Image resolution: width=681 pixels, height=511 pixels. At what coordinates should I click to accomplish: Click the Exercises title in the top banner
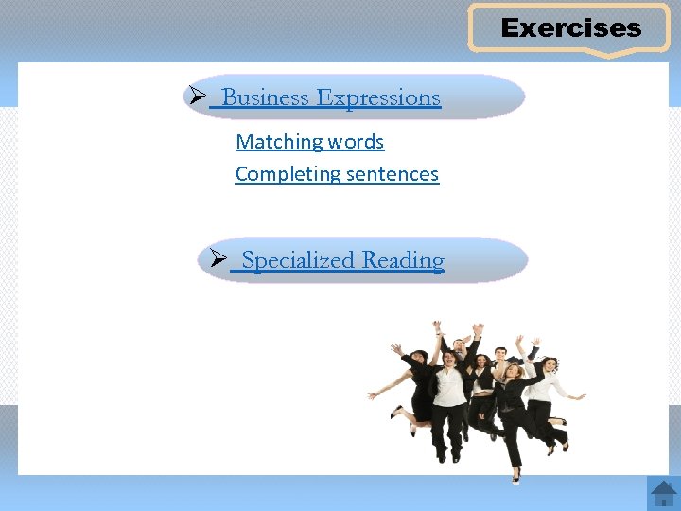pyautogui.click(x=571, y=28)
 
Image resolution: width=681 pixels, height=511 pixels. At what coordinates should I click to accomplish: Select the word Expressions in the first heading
pyautogui.click(x=378, y=98)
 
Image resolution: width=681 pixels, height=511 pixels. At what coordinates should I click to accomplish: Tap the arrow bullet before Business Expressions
pyautogui.click(x=198, y=97)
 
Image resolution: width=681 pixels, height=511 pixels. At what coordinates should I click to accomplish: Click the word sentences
pyautogui.click(x=393, y=174)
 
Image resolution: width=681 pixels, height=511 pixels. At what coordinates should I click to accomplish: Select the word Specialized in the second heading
pyautogui.click(x=298, y=260)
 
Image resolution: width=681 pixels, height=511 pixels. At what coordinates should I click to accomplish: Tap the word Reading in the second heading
pyautogui.click(x=403, y=260)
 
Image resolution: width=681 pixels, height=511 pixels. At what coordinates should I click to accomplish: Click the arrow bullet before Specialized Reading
pyautogui.click(x=217, y=259)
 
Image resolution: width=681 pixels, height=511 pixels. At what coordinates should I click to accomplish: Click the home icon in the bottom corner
pyautogui.click(x=662, y=493)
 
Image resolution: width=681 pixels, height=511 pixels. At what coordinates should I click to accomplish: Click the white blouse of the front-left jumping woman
pyautogui.click(x=451, y=386)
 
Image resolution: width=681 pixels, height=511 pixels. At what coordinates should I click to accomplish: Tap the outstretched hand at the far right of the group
pyautogui.click(x=581, y=396)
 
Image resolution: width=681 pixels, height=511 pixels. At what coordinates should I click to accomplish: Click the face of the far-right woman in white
pyautogui.click(x=549, y=365)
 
